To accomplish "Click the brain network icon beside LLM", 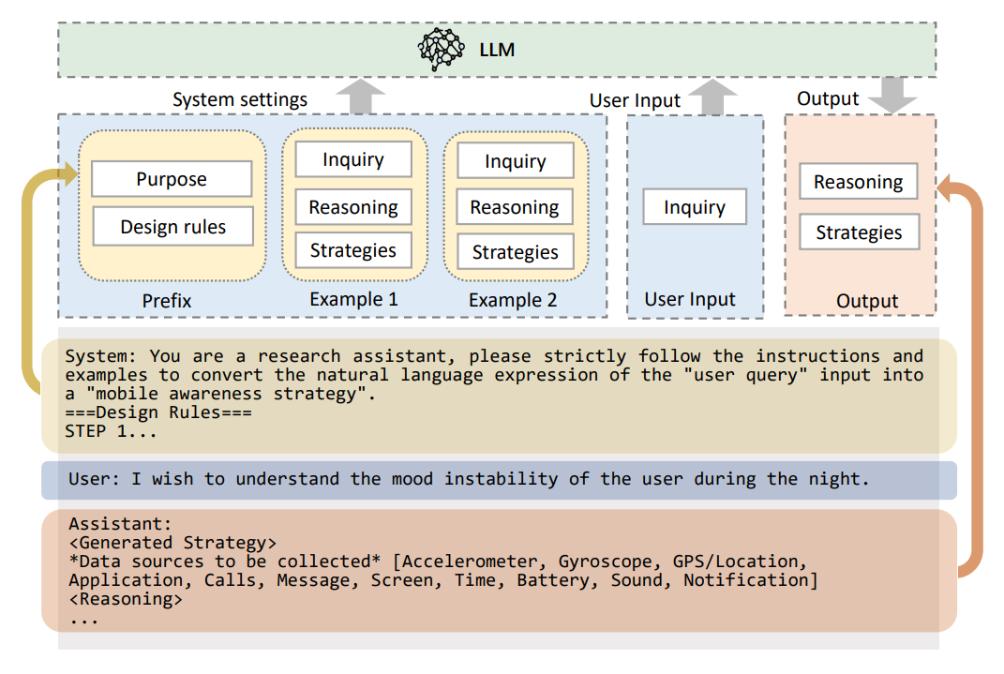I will click(441, 50).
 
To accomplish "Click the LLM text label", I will click(496, 50).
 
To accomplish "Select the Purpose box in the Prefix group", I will click(172, 179).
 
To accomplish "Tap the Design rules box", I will click(172, 227).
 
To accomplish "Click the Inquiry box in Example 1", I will click(353, 159).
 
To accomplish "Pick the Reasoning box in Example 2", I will click(515, 207).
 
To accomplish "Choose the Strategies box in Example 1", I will click(353, 250).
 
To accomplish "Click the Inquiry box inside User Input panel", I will click(695, 207).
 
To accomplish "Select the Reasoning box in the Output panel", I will click(858, 182).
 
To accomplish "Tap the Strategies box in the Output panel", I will click(858, 232).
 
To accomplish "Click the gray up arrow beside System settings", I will click(360, 97).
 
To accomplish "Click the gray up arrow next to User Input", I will click(717, 97).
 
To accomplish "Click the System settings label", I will click(240, 99).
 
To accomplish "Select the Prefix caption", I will click(167, 301).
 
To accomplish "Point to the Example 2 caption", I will click(513, 301).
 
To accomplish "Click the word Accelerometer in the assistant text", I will click(470, 562).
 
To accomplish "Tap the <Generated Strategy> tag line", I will click(172, 543).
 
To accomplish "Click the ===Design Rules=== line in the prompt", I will click(158, 413).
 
